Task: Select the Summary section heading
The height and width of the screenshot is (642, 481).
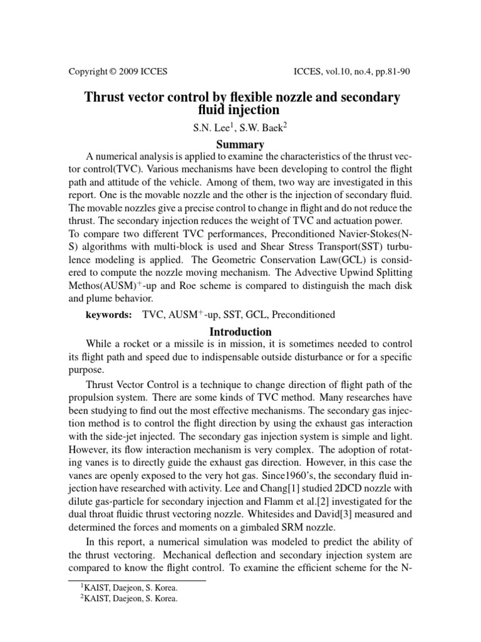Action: coord(240,144)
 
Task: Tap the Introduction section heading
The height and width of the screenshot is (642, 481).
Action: coord(240,332)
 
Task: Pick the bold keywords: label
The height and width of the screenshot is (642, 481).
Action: coord(108,314)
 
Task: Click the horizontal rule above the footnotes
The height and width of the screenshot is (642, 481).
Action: coord(138,581)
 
